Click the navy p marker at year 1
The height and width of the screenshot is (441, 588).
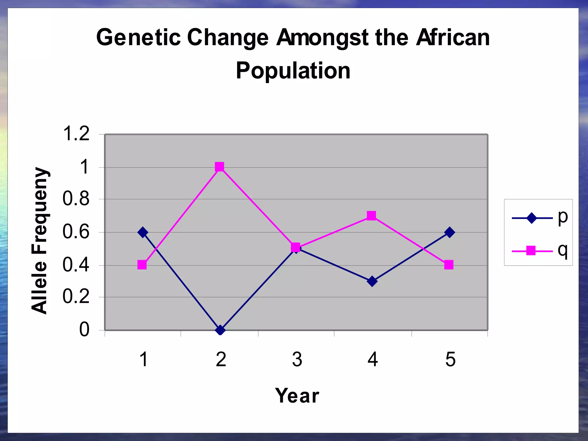click(143, 232)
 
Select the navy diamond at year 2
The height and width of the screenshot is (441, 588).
click(220, 330)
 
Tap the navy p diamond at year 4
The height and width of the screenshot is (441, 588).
click(372, 281)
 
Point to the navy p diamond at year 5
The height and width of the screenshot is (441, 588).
click(450, 232)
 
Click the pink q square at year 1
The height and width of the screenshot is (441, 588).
click(142, 265)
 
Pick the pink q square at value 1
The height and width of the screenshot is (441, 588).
click(219, 167)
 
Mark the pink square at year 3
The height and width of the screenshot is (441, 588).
click(295, 247)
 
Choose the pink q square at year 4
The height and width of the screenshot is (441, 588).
click(371, 216)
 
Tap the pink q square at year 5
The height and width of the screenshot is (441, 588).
click(449, 265)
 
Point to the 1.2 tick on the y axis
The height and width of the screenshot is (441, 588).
click(76, 134)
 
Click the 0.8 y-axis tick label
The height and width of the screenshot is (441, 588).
click(76, 199)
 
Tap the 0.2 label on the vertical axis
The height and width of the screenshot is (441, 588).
click(76, 297)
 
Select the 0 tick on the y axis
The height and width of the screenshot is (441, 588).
click(84, 330)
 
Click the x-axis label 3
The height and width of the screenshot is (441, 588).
click(297, 359)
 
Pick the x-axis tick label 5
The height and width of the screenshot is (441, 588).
click(450, 359)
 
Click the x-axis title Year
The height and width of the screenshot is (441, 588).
click(297, 396)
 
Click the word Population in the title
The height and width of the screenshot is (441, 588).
click(293, 71)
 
